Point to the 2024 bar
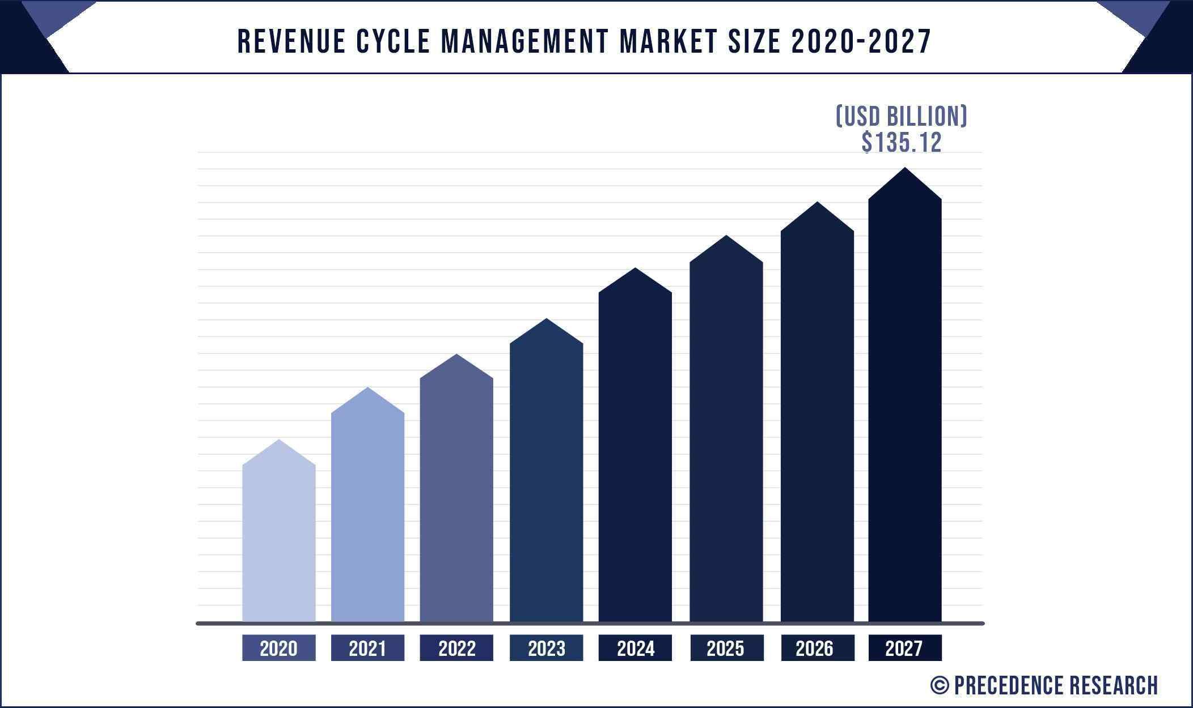coord(635,453)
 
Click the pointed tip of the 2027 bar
coord(905,170)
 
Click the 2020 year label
coord(278,648)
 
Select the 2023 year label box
coord(546,648)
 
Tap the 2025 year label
coord(726,648)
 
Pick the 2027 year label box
coord(905,648)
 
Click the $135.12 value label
coord(902,142)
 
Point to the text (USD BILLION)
coord(902,117)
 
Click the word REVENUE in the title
coord(291,42)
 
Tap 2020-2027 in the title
coord(861,42)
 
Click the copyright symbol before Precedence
coord(939,685)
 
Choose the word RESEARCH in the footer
coord(1114,685)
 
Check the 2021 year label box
coord(367,648)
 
